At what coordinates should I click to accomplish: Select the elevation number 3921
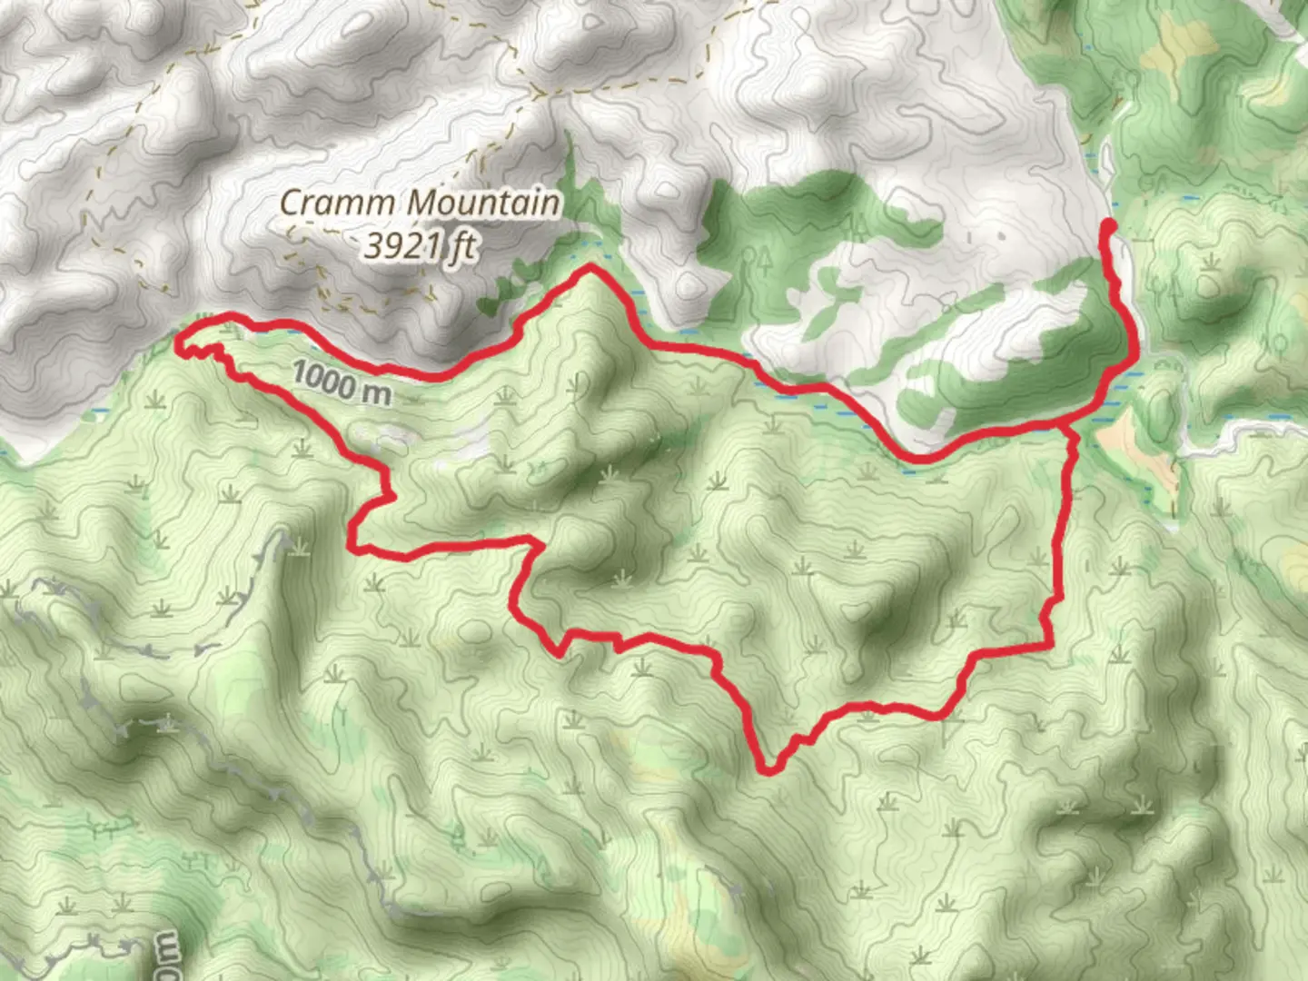(403, 245)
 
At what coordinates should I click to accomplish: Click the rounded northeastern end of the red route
(1108, 224)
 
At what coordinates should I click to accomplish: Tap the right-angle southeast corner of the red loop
(1050, 645)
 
